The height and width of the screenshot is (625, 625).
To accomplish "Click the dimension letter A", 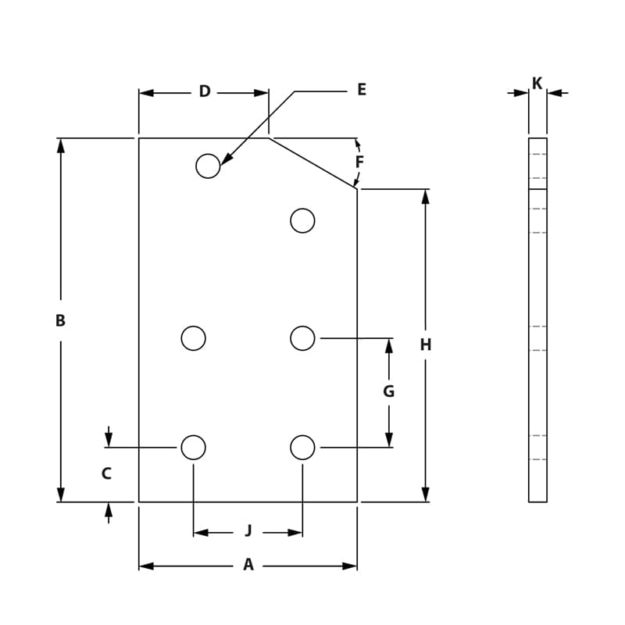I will (248, 565).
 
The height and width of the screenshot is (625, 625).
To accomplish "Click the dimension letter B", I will (60, 320).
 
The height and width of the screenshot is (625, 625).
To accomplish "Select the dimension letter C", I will (106, 473).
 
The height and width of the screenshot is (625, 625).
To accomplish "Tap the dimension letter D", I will (205, 92).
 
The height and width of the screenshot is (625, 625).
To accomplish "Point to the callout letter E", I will (361, 90).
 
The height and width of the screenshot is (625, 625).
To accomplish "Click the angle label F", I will (359, 162).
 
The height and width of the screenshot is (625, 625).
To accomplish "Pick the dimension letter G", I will (388, 391).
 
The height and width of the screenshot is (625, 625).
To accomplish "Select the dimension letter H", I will (425, 345).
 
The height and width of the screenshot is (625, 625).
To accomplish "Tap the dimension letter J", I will (248, 531).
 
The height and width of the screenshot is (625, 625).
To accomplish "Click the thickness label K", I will (537, 84).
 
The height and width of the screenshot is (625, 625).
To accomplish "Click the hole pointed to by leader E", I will (208, 166).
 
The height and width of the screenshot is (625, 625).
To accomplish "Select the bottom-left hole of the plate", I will (193, 448).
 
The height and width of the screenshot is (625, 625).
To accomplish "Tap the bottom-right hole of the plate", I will (302, 448).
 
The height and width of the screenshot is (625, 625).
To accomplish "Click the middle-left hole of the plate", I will (193, 338).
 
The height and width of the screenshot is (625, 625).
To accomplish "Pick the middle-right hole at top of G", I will (302, 338).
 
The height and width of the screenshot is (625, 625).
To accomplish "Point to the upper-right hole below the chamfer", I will (302, 221).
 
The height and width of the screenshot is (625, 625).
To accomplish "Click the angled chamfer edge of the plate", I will (312, 163).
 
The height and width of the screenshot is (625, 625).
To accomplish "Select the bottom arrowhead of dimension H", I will (425, 495).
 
